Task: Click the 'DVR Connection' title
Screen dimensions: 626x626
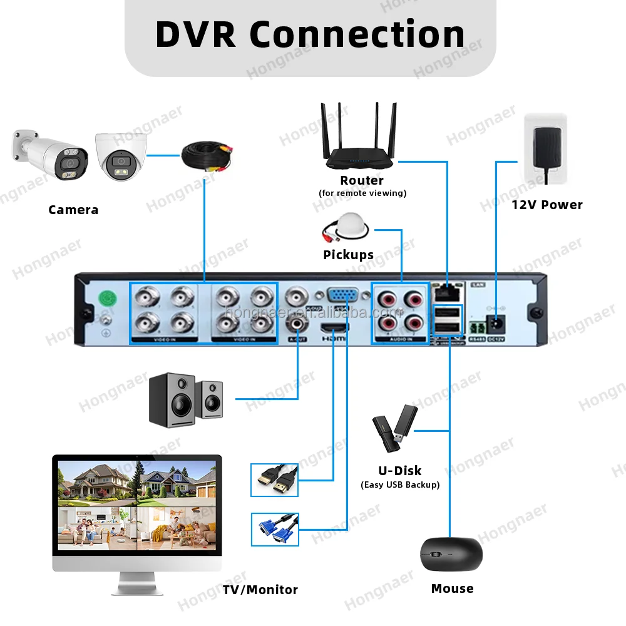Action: [310, 34]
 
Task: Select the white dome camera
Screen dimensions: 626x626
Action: [121, 157]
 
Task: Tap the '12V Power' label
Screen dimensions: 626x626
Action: [546, 205]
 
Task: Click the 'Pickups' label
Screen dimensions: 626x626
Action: [348, 255]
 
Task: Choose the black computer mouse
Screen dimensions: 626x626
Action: [451, 554]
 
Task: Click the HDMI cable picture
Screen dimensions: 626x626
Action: [275, 480]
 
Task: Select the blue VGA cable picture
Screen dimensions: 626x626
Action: [275, 529]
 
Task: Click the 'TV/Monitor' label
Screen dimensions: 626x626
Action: [260, 590]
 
